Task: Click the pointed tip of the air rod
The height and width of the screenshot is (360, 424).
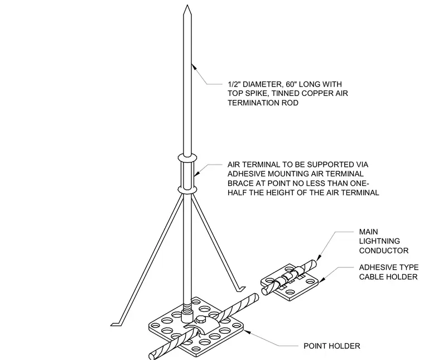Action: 187,6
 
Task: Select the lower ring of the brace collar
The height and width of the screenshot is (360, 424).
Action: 187,189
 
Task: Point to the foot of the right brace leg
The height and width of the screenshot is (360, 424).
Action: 240,289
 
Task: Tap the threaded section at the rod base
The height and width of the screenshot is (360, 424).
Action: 187,306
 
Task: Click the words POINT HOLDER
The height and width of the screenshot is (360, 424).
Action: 332,346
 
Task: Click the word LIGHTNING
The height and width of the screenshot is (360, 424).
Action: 379,241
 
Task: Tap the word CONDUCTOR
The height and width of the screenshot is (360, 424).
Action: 384,251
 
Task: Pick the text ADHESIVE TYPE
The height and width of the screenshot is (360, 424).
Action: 389,267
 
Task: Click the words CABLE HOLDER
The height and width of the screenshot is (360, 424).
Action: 388,277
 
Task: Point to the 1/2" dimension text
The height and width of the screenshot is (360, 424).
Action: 234,84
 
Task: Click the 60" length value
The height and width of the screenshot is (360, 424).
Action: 291,84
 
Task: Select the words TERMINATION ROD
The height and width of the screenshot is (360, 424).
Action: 263,103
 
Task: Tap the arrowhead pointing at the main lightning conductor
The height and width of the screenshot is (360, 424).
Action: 318,257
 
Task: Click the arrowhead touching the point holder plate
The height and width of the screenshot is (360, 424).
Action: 247,332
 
